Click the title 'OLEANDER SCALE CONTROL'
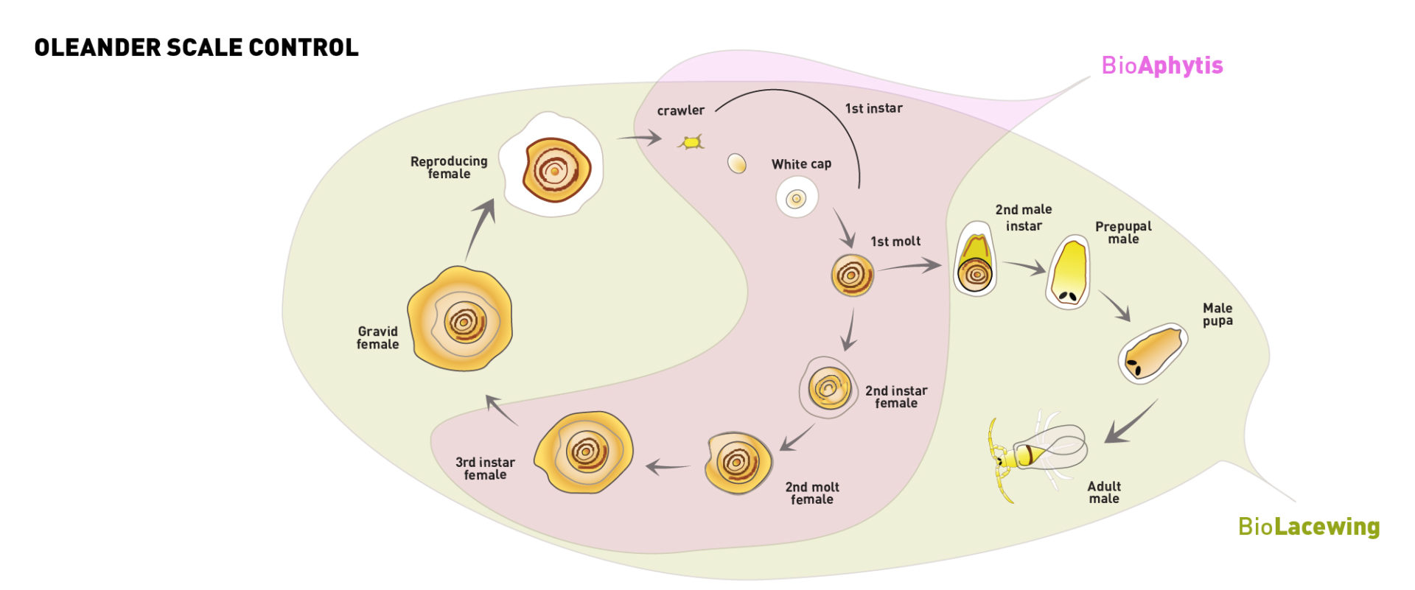point(196,48)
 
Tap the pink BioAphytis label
point(1161,66)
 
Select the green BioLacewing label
point(1308,527)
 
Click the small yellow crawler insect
point(691,141)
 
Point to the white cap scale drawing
point(797,198)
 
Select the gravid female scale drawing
point(461,320)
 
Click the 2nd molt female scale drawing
point(738,463)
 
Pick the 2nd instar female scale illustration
point(828,387)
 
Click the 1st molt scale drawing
point(853,275)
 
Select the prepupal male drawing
point(1068,272)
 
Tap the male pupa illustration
point(1153,352)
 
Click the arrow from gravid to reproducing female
point(479,228)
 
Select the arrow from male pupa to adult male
point(1130,423)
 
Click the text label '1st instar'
point(873,108)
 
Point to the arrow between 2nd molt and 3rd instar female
point(668,466)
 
